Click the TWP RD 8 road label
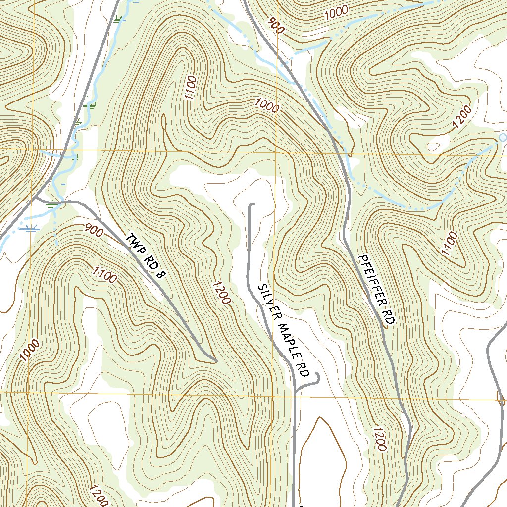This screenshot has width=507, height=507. coord(144,255)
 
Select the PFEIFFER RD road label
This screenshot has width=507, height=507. coord(376,290)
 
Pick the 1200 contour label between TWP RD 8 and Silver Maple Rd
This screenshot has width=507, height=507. coord(221,293)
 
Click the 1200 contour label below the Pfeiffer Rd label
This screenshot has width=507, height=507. coord(379,439)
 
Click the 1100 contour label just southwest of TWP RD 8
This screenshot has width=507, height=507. coord(105,275)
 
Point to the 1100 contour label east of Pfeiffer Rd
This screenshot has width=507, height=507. coord(450,244)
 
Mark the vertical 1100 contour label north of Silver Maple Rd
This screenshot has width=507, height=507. coord(191,88)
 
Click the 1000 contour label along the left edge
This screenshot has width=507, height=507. coord(30,350)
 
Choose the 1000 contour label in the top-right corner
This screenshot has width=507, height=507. coord(337,13)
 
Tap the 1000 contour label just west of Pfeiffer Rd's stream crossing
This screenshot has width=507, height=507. coord(267,105)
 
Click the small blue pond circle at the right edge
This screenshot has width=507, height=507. coord(502,137)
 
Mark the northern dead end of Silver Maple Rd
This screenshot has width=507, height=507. coord(252,204)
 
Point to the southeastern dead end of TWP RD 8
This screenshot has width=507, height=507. coord(215,361)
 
